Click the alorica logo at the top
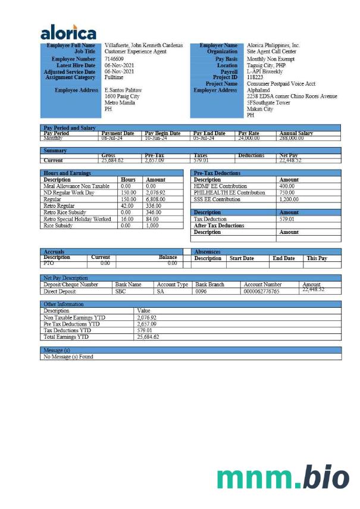click(68, 32)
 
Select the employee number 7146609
click(114, 59)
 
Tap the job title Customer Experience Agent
click(135, 52)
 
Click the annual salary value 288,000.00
click(292, 138)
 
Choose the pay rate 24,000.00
click(249, 138)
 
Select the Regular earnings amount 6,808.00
click(155, 199)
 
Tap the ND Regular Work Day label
click(69, 193)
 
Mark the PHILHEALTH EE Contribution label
click(229, 193)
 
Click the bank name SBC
click(120, 292)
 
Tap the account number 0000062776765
click(262, 292)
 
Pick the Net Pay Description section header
click(66, 278)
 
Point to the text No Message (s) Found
click(68, 357)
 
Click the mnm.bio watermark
click(283, 478)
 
